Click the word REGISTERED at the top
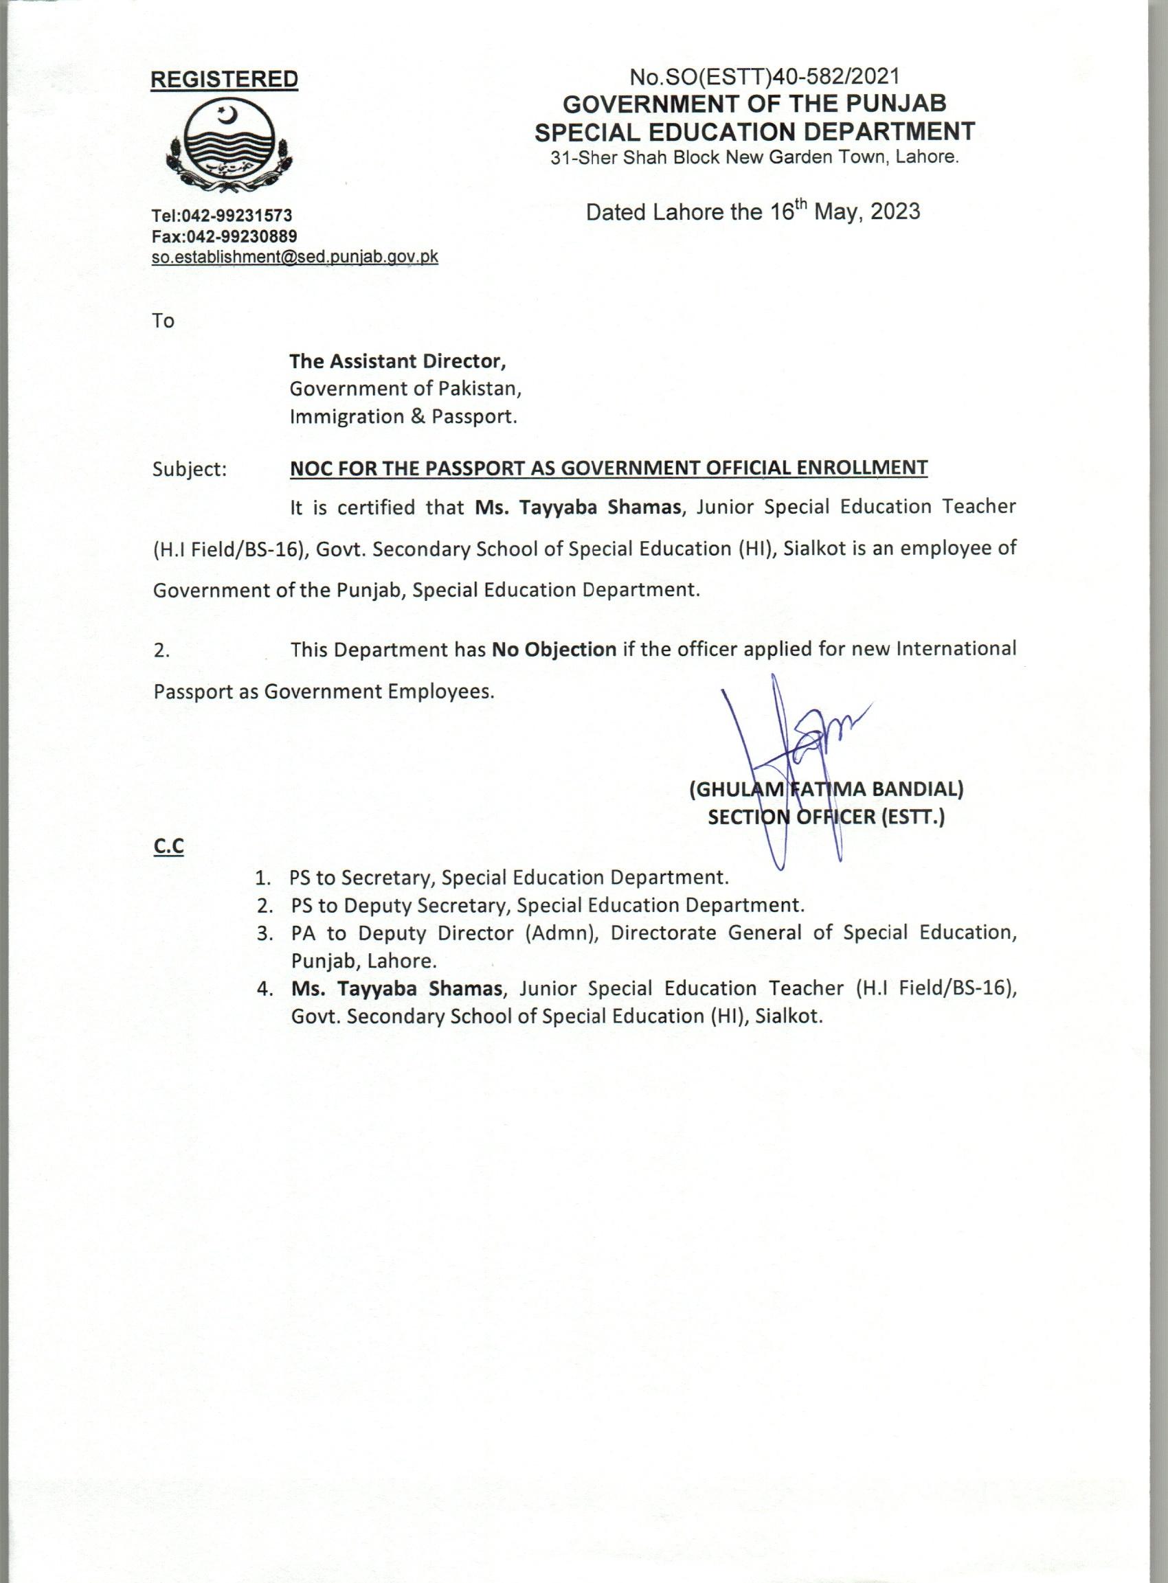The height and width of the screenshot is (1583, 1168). coord(225,80)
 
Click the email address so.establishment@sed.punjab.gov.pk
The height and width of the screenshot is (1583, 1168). coord(295,258)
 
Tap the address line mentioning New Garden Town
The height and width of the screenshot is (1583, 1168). coord(754,157)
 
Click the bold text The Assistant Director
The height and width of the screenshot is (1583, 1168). coord(398,361)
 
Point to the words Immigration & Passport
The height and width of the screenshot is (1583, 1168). coord(404,417)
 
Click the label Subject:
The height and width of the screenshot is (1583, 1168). coord(190,469)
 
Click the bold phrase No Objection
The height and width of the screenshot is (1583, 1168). coord(554,649)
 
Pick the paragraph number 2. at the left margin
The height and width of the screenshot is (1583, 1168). coord(161,650)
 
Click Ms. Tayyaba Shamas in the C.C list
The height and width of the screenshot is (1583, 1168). coord(396,989)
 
